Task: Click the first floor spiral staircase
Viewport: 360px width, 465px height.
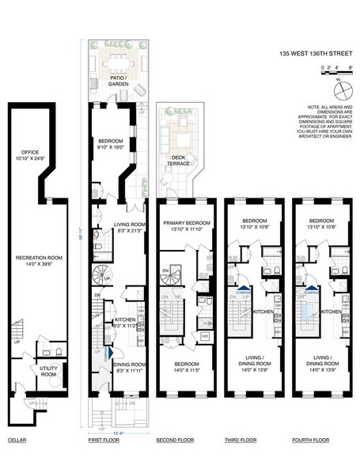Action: [x=100, y=276]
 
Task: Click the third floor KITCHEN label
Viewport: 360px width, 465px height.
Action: [x=262, y=312]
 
